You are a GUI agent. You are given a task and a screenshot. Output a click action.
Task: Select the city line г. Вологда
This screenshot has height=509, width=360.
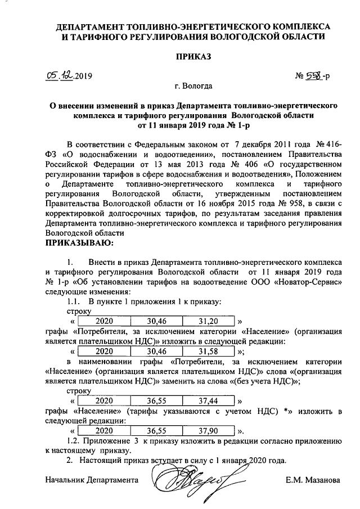point(193,87)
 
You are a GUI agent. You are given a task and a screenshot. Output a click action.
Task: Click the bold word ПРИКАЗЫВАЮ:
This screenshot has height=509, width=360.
point(79,244)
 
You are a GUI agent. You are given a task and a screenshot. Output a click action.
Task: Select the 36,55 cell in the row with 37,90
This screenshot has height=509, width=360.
point(156,430)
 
